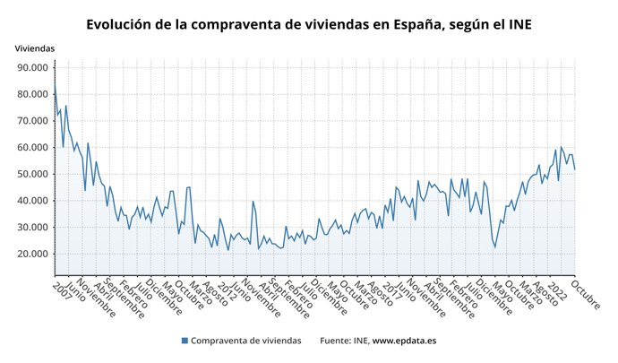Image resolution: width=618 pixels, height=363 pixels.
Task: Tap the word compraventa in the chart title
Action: coord(241,24)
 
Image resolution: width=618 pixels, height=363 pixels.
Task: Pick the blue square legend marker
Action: coord(185,341)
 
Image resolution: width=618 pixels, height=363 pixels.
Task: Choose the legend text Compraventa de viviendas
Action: coord(246,341)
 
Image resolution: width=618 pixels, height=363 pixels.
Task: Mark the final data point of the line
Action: coord(574,169)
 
